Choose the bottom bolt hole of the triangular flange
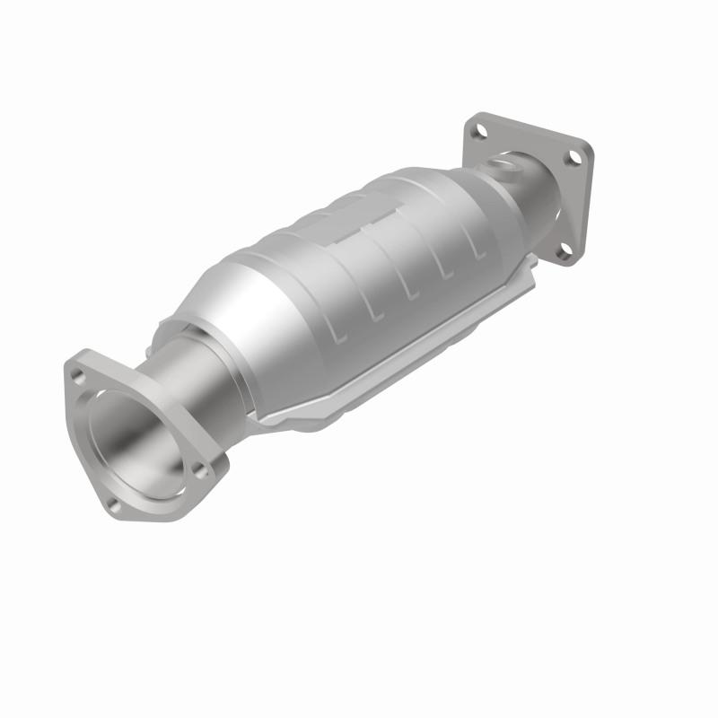point(114,504)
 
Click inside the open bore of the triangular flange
point(135,440)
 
